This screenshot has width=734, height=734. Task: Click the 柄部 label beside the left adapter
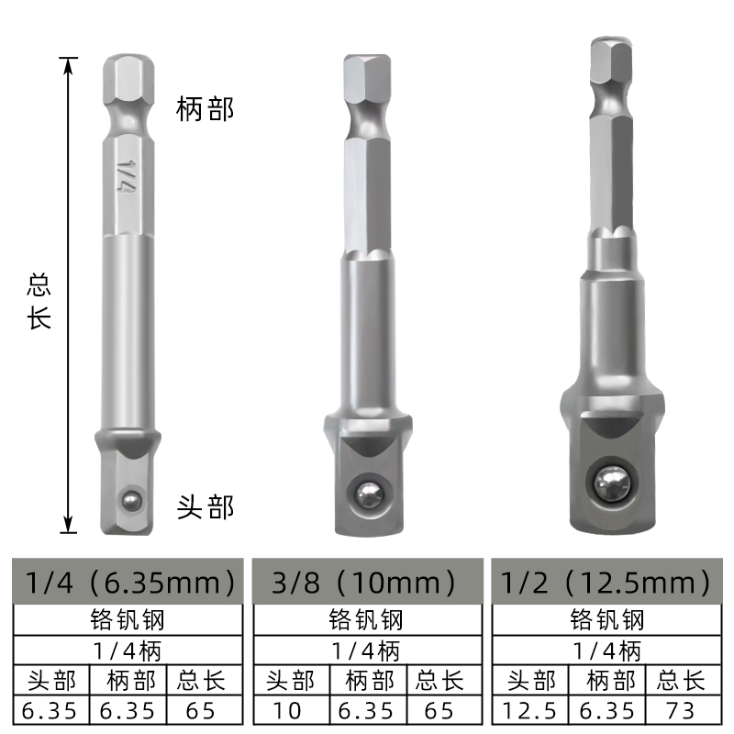[x=206, y=111]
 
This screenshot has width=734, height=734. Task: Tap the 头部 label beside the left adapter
[x=206, y=506]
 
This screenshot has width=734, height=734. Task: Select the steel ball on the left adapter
[x=131, y=498]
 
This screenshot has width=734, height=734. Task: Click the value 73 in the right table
[x=680, y=709]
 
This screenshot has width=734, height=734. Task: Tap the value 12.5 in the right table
[x=529, y=709]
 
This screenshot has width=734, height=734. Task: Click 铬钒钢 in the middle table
[x=364, y=619]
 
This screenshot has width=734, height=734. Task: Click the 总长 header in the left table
[x=198, y=681]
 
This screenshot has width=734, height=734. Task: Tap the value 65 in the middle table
[x=439, y=709]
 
